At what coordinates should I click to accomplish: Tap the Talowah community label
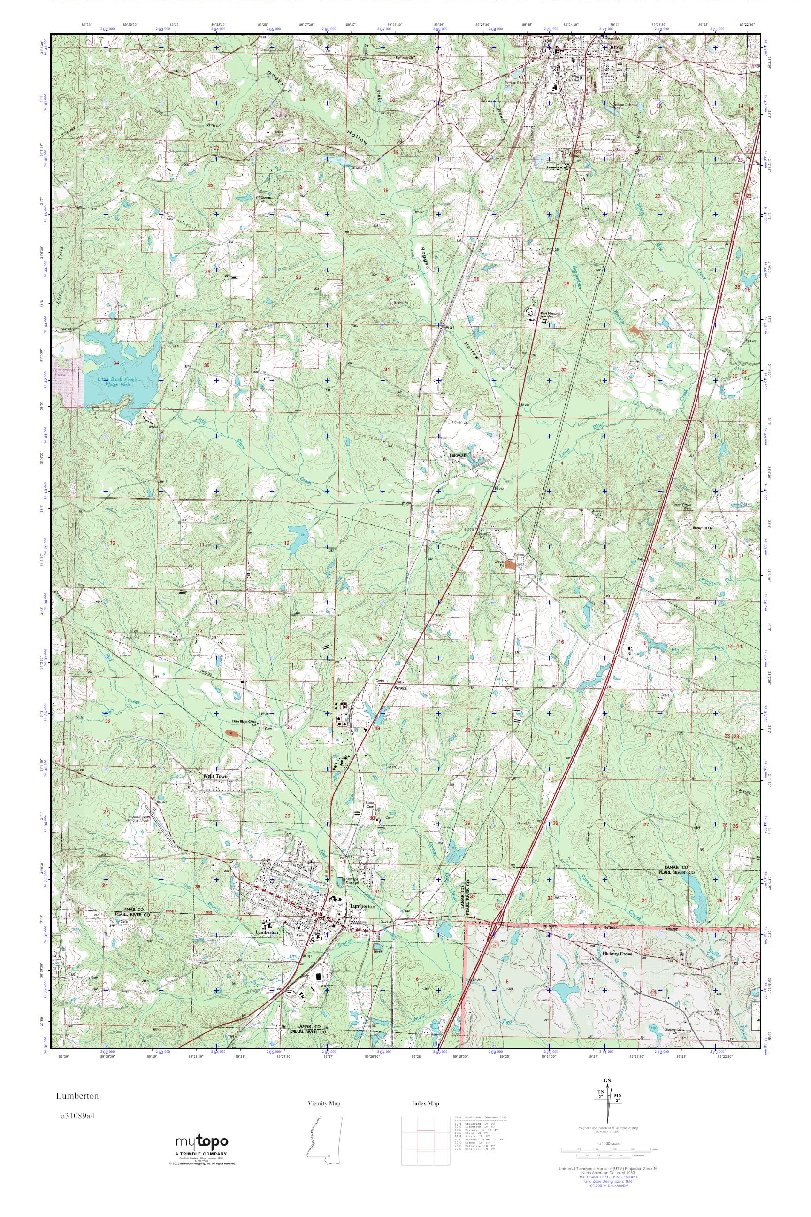458,455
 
